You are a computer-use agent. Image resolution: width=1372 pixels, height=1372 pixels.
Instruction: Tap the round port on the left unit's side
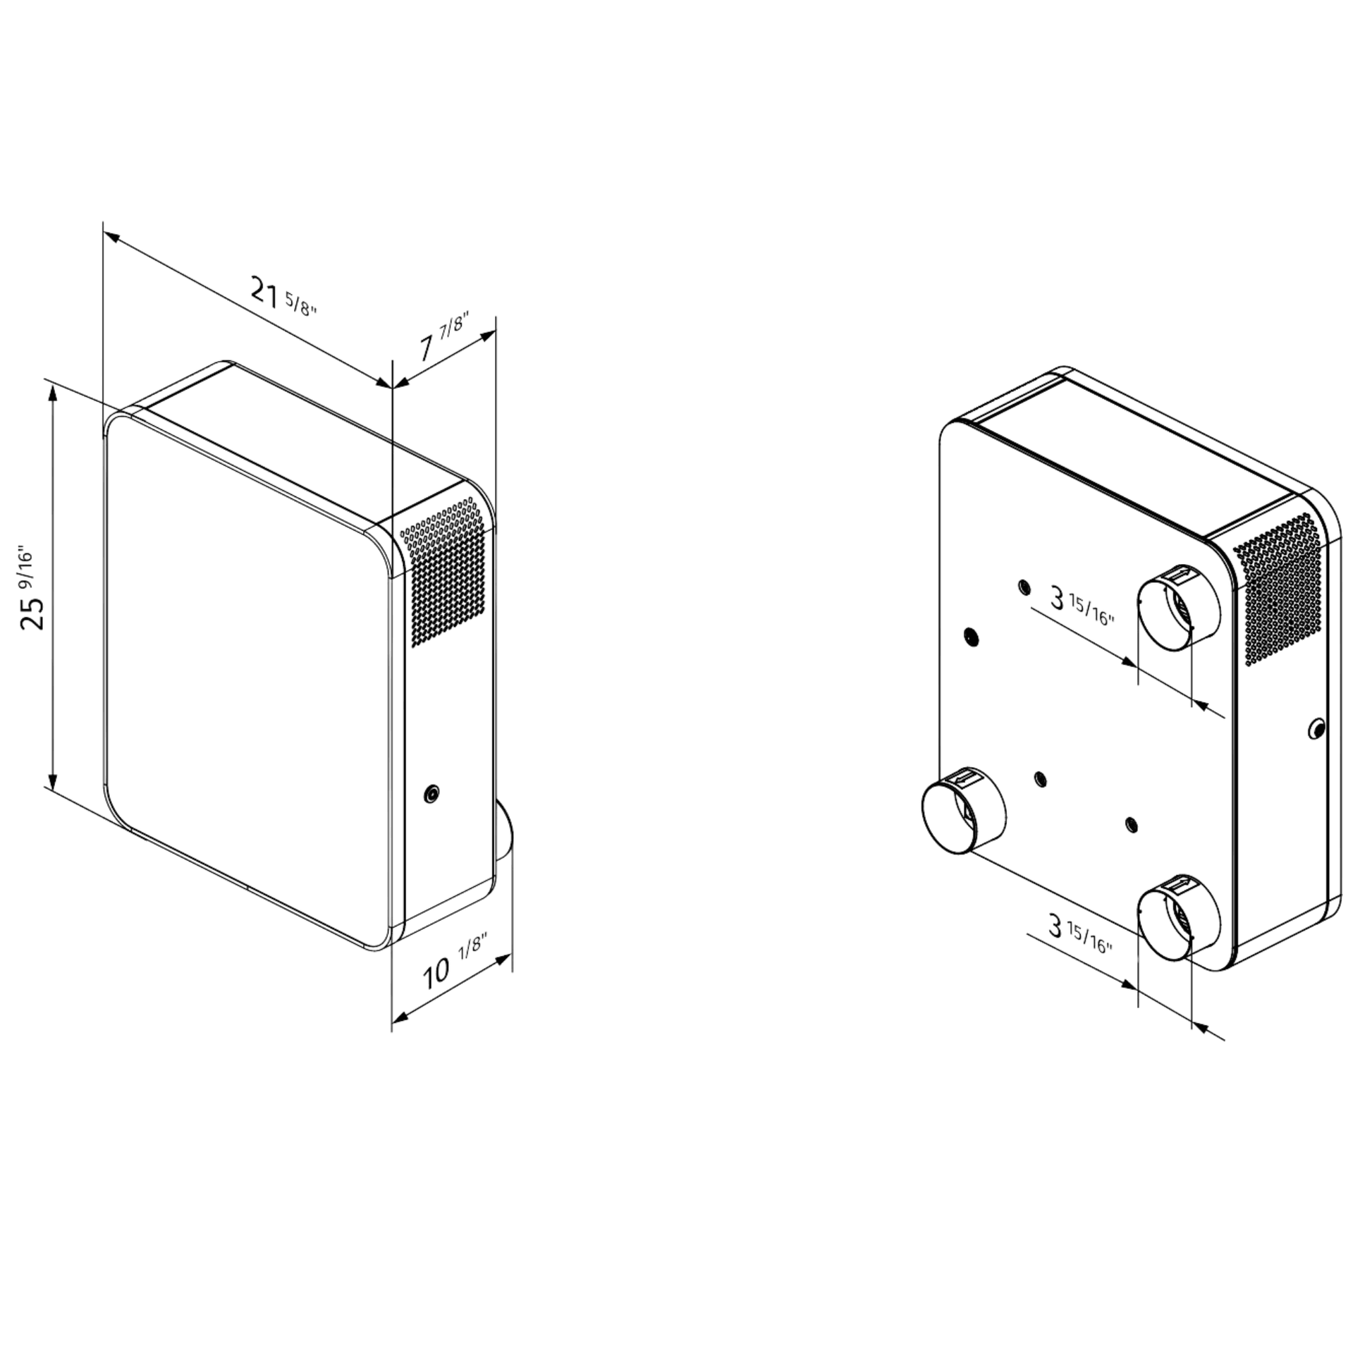430,794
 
